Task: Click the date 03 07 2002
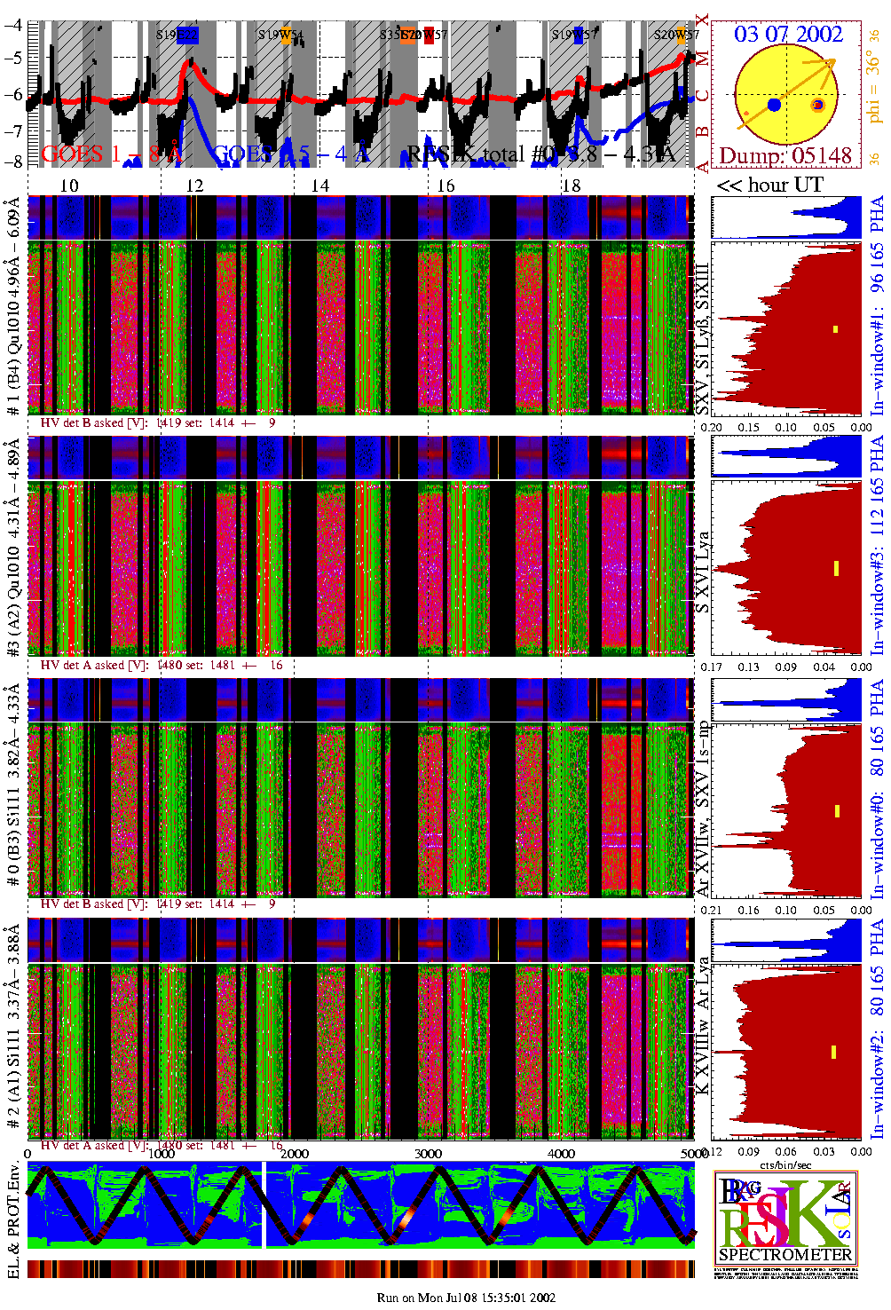(788, 35)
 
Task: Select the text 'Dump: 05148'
(785, 156)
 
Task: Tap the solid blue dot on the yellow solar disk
(774, 105)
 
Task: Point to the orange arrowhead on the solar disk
(831, 62)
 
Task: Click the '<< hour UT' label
(770, 185)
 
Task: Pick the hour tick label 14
(319, 185)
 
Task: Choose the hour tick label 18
(572, 185)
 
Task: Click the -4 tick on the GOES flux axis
(13, 25)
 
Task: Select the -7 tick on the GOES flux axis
(13, 131)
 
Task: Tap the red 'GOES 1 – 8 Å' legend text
(112, 154)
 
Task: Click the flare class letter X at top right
(702, 20)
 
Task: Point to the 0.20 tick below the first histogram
(712, 427)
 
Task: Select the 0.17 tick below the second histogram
(712, 667)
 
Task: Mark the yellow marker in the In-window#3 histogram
(836, 568)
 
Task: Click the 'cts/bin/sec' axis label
(785, 1164)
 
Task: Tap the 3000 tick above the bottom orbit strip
(428, 1154)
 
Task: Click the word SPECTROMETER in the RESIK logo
(785, 1254)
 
